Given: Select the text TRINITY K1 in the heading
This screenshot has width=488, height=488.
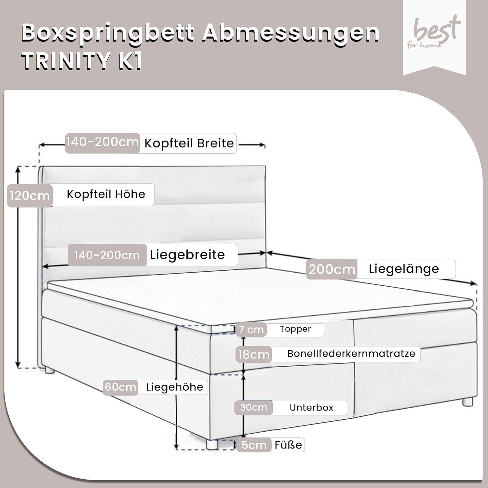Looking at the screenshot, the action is [82, 61].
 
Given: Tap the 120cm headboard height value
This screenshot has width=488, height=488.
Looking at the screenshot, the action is [30, 196].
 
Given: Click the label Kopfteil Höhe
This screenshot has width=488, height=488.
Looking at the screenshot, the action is [106, 194].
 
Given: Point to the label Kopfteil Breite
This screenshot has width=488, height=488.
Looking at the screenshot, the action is [189, 143].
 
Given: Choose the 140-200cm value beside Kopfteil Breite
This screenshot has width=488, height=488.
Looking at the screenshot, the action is [102, 142].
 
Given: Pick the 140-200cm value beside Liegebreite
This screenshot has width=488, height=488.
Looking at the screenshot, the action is [107, 255].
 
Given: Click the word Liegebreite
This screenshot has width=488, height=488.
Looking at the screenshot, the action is [187, 255].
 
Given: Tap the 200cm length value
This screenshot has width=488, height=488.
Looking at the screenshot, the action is [332, 269].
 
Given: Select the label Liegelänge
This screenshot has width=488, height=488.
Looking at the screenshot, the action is [404, 269].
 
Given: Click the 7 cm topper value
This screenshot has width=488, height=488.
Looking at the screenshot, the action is [251, 330].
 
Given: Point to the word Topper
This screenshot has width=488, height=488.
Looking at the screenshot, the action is [295, 329].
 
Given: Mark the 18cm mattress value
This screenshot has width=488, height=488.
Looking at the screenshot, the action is [254, 354].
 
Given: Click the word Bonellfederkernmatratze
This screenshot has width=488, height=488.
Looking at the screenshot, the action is [351, 354].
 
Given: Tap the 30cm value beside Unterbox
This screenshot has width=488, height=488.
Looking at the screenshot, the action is [253, 407].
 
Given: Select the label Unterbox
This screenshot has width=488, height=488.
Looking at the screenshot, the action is [311, 408].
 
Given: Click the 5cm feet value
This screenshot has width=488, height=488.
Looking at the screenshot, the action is [254, 445].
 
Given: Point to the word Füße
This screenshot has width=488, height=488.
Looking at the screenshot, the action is [288, 444].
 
